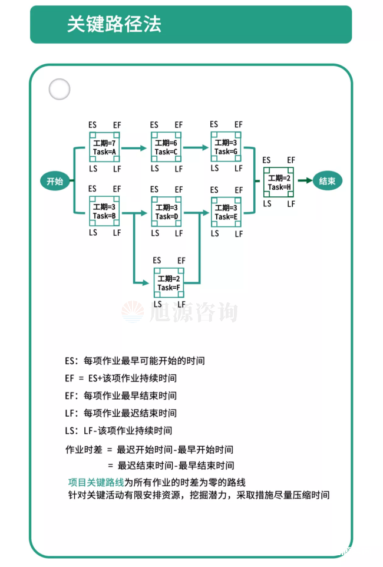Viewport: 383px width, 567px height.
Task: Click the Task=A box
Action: pyautogui.click(x=104, y=147)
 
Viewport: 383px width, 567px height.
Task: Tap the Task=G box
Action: pyautogui.click(x=226, y=147)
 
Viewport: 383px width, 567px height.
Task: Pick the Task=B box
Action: pyautogui.click(x=104, y=212)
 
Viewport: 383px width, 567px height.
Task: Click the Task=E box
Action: pyautogui.click(x=226, y=212)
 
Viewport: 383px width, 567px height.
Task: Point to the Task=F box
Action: pyautogui.click(x=169, y=283)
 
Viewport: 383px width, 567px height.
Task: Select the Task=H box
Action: pyautogui.click(x=279, y=183)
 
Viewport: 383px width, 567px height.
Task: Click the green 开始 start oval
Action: pyautogui.click(x=55, y=181)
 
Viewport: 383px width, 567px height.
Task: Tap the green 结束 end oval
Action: pyautogui.click(x=327, y=181)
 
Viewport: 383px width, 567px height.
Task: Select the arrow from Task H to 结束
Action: pyautogui.click(x=303, y=181)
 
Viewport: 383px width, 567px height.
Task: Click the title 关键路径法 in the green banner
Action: pyautogui.click(x=114, y=24)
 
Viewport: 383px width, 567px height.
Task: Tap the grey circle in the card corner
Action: pyautogui.click(x=59, y=90)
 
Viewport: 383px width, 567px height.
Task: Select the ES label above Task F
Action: pyautogui.click(x=157, y=261)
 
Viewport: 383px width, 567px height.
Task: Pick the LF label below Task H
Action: pyautogui.click(x=291, y=203)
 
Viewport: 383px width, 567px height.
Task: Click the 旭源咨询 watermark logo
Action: pyautogui.click(x=180, y=311)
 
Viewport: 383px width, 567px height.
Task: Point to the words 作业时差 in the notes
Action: pyautogui.click(x=83, y=450)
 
